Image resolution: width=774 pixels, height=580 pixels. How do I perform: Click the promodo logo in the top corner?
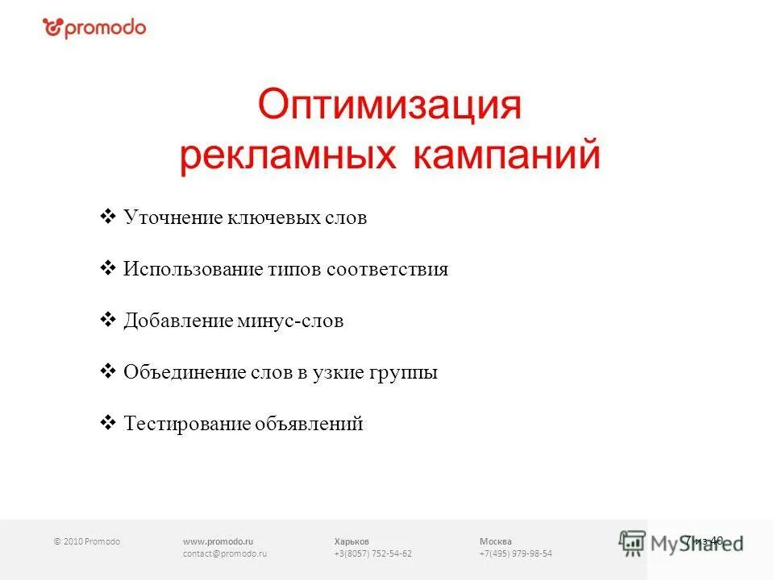(x=94, y=28)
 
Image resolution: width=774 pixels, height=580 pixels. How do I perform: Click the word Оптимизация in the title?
(x=389, y=106)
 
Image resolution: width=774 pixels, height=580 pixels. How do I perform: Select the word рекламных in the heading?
(x=288, y=155)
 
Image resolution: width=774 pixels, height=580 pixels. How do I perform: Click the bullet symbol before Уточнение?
(x=107, y=217)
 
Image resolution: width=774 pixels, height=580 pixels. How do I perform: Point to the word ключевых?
(x=270, y=218)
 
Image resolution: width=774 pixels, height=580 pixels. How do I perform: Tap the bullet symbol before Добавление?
(x=107, y=321)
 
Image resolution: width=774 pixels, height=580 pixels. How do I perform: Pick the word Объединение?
(x=184, y=373)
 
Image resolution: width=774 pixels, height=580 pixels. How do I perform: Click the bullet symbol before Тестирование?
(x=107, y=423)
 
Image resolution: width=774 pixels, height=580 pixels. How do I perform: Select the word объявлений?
(x=310, y=425)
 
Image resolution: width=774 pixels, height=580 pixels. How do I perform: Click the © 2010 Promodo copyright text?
(x=86, y=541)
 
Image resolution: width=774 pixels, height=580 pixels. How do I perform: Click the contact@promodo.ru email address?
(x=224, y=554)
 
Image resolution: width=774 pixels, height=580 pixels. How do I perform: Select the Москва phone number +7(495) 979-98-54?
(x=515, y=554)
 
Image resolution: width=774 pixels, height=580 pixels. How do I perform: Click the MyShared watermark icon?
(x=633, y=543)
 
